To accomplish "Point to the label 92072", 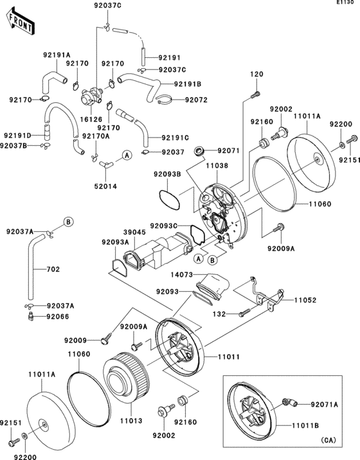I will pyautogui.click(x=197, y=100).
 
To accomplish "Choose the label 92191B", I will pyautogui.click(x=187, y=84).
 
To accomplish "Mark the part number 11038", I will pyautogui.click(x=217, y=165).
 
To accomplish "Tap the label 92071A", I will pyautogui.click(x=326, y=405).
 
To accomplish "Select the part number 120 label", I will pyautogui.click(x=256, y=75).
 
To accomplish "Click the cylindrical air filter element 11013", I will pyautogui.click(x=124, y=382).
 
